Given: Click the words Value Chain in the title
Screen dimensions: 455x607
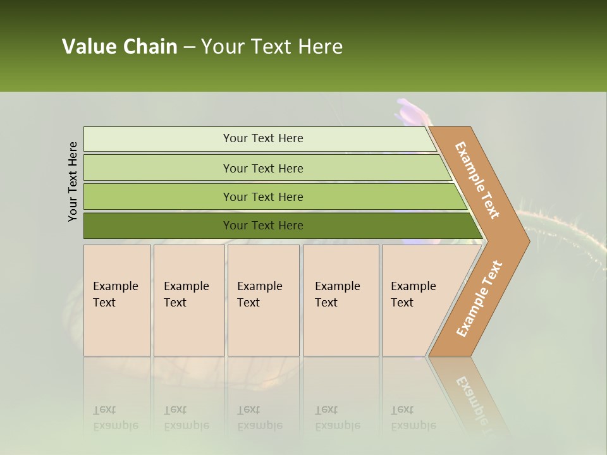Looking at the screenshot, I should click(120, 47).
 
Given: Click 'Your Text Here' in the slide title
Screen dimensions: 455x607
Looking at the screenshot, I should click(272, 47).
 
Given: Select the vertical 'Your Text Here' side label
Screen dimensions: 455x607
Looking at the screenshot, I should click(73, 181).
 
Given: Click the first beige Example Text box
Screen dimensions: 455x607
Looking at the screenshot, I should click(117, 300).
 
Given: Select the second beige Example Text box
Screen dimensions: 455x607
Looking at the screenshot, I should click(188, 300).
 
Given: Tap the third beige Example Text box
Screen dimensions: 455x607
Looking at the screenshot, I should click(263, 300).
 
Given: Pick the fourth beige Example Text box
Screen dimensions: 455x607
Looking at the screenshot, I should click(341, 300).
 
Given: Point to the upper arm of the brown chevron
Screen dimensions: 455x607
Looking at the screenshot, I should click(478, 180).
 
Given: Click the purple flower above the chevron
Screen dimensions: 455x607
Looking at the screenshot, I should click(412, 112).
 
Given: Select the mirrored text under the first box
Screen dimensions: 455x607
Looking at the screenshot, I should click(115, 418).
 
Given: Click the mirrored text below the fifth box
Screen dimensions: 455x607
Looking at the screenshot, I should click(413, 418).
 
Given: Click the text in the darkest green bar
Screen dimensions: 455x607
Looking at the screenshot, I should click(263, 226).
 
